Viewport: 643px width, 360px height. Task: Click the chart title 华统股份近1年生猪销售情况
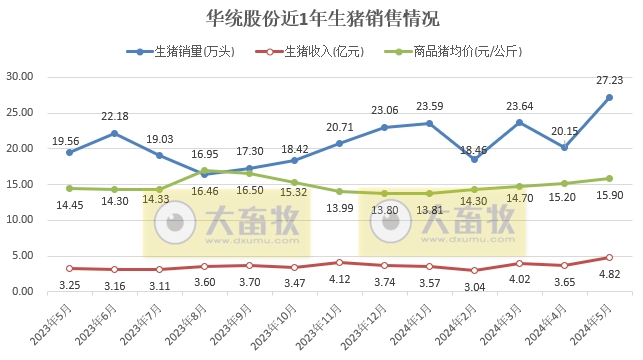[x=321, y=19]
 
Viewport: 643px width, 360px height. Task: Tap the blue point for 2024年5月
[x=609, y=97]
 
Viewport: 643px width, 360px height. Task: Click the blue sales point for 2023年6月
[x=114, y=133]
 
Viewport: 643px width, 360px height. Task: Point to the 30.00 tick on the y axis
[x=20, y=77]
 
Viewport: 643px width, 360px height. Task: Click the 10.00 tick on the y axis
[x=20, y=220]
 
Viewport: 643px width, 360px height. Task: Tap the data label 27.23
[x=609, y=81]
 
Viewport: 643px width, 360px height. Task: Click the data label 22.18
[x=114, y=117]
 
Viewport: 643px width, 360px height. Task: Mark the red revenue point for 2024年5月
[x=609, y=257]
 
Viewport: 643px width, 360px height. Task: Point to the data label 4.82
[x=609, y=273]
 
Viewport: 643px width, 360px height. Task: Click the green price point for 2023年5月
[x=69, y=188]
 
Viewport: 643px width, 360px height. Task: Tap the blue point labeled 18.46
[x=474, y=159]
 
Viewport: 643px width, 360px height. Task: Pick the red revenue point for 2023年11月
[x=339, y=262]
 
